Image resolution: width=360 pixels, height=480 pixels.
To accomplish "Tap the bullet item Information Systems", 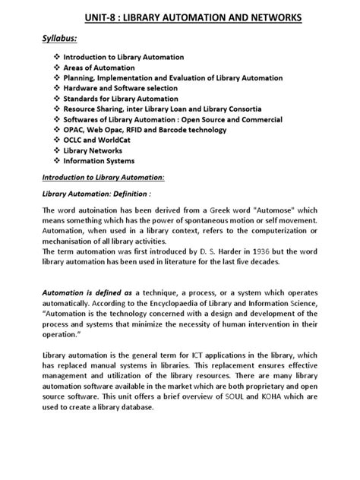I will pyautogui.click(x=98, y=161).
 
